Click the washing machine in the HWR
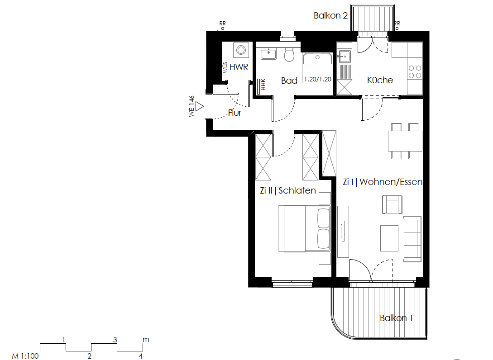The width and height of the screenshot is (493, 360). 241,50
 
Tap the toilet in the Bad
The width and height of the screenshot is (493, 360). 289,55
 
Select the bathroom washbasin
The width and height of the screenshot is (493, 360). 269,54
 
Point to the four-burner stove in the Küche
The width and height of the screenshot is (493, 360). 415,72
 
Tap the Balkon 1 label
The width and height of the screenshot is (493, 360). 396,318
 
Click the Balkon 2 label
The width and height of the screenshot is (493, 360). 330,16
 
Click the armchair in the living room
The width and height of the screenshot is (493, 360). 392,204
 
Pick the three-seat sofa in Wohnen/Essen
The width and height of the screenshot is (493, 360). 412,238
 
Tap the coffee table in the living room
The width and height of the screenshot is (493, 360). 389,238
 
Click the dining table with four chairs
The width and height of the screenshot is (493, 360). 405,141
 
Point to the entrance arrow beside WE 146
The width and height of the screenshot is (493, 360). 200,107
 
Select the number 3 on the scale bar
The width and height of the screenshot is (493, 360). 115,340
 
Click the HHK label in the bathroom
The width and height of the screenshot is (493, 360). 262,85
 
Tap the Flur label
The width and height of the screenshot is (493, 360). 235,113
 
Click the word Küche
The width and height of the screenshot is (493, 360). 380,80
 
